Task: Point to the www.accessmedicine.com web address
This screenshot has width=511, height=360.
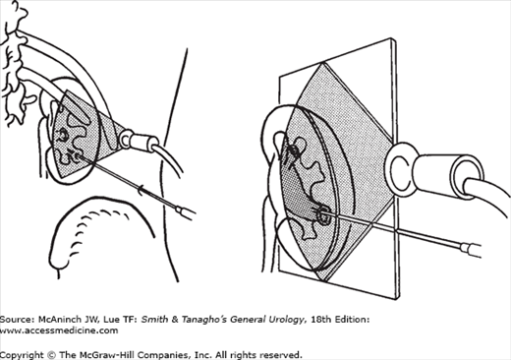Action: [x=59, y=330]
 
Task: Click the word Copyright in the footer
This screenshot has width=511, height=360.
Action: [x=22, y=355]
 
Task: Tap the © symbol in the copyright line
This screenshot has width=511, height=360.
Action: [x=51, y=355]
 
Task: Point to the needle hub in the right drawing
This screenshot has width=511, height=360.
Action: [x=471, y=250]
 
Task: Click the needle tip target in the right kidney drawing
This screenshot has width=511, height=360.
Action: [x=324, y=213]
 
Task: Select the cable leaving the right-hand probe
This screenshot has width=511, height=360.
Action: [x=489, y=190]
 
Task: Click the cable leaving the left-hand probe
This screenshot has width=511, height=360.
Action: [x=170, y=160]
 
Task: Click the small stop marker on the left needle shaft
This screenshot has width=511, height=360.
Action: [x=142, y=190]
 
